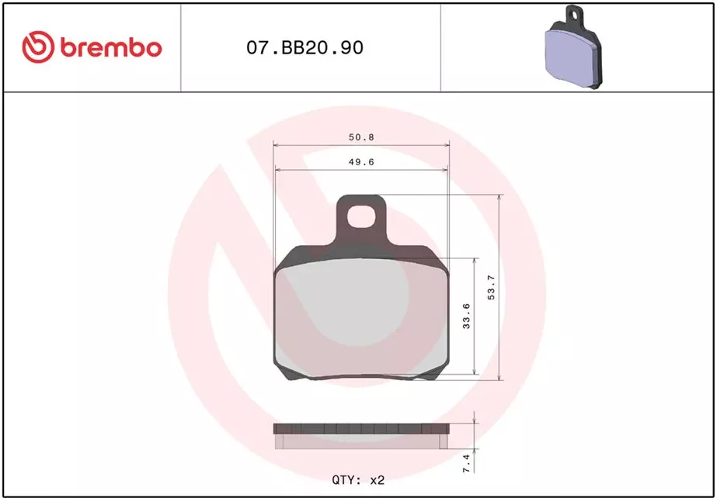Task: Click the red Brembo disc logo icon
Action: pos(38,47)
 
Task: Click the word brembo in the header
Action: pos(110,48)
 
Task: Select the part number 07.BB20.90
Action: pos(305,47)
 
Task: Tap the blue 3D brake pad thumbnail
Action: pos(574,47)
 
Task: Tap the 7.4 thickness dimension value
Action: pos(466,463)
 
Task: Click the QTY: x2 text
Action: pos(359,480)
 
